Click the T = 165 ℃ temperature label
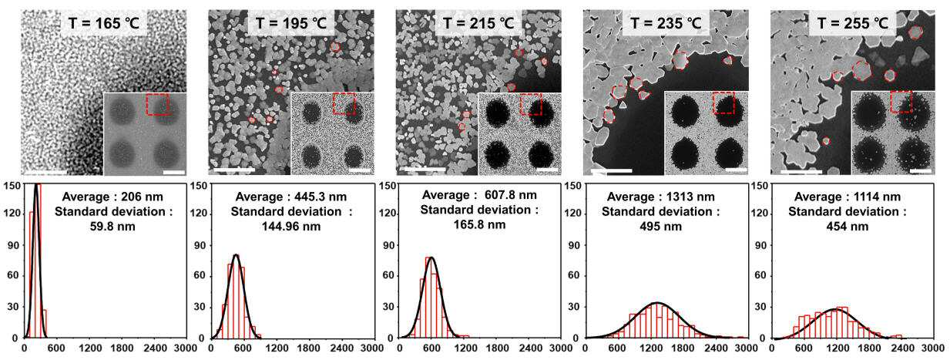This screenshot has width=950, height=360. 104,23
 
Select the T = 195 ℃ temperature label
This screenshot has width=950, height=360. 291,23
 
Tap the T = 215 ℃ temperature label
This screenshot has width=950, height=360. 478,23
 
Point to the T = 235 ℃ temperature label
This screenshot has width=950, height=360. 666,23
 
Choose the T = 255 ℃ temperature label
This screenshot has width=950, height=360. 853,23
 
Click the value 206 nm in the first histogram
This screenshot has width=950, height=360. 142,197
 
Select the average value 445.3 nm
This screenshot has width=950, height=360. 321,197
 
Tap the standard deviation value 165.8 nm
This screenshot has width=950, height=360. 480,224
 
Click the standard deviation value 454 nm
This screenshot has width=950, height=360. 848,227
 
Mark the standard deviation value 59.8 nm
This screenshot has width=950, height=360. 112,227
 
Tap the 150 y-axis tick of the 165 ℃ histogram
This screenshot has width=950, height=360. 11,186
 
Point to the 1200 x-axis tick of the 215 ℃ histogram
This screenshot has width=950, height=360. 465,348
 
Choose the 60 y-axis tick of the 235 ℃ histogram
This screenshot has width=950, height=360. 573,275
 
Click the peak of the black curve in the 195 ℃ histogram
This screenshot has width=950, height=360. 236,254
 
